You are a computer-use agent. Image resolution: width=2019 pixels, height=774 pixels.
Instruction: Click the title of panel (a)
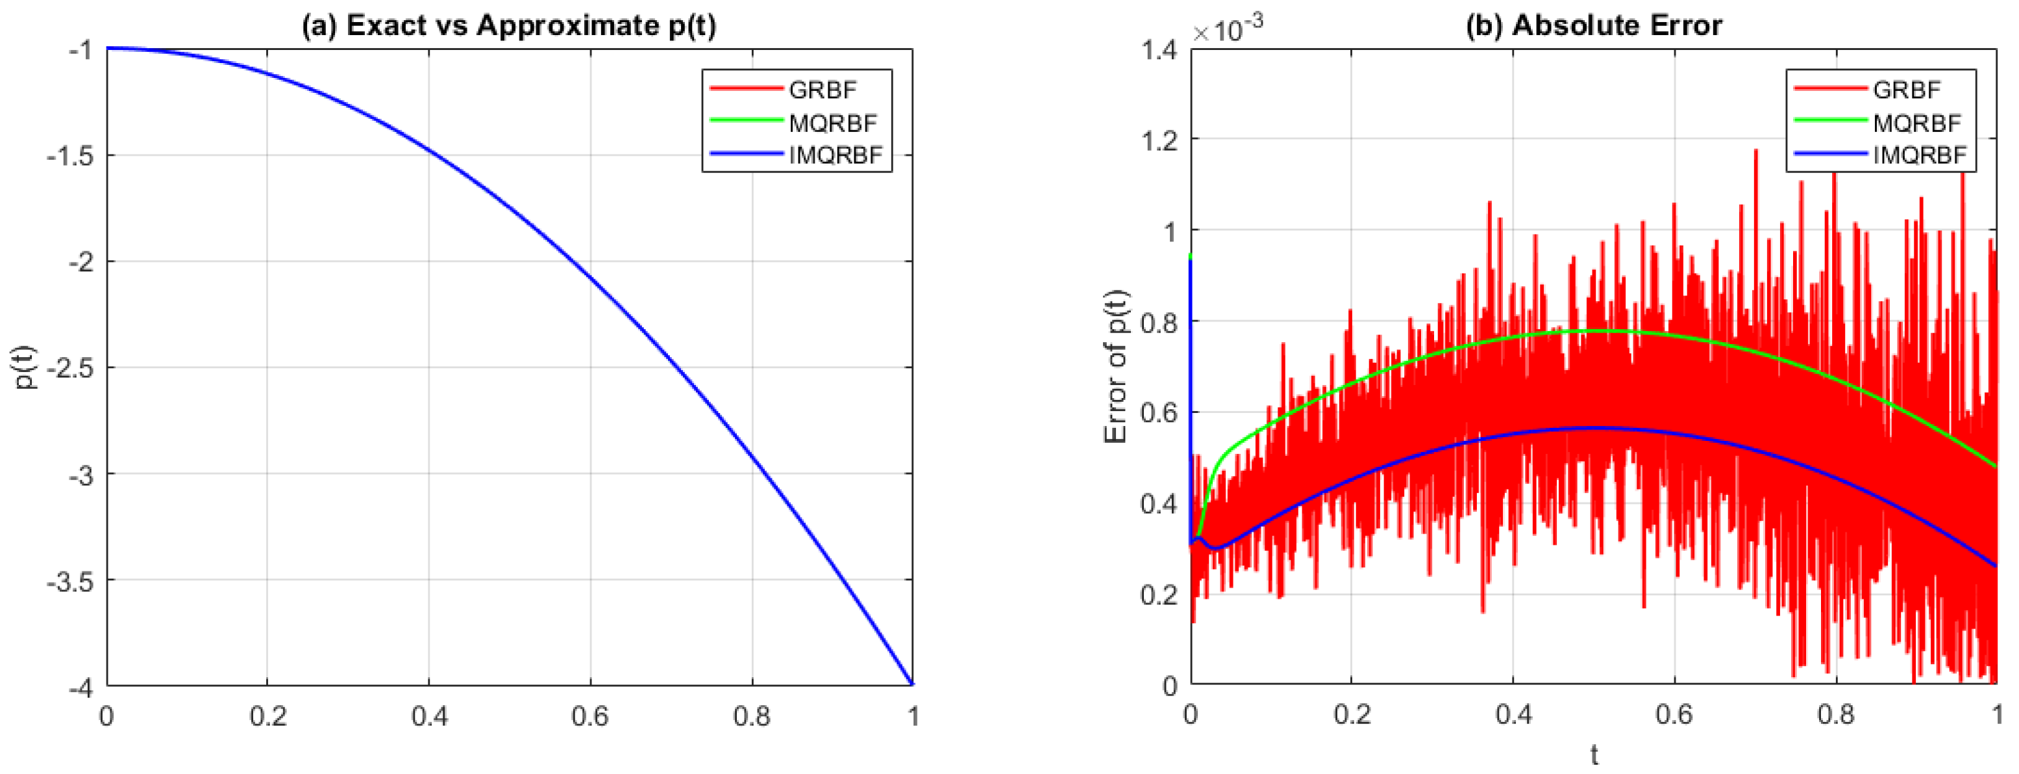point(509,25)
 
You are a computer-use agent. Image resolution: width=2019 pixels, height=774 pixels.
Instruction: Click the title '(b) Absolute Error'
point(1593,25)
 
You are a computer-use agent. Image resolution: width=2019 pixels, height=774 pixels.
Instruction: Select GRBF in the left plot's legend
point(822,90)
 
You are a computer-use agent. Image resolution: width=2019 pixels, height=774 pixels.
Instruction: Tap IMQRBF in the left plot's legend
point(836,155)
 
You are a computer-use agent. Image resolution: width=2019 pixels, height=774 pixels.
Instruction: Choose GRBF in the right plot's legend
point(1906,90)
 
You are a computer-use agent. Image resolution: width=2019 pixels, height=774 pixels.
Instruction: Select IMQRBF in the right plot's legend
point(1920,155)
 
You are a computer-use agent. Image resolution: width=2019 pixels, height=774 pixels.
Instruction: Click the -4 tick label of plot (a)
point(81,687)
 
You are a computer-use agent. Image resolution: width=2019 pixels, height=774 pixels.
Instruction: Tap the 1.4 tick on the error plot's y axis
point(1158,50)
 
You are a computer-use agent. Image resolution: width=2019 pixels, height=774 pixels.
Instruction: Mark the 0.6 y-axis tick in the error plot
point(1158,412)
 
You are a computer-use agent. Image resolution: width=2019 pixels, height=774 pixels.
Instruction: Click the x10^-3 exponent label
point(1226,30)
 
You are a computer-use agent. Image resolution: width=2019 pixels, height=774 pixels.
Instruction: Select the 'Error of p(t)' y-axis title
point(1115,367)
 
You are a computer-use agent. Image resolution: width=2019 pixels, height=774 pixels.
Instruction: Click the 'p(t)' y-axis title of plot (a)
point(27,367)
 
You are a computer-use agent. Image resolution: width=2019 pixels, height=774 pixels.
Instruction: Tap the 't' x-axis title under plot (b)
point(1593,755)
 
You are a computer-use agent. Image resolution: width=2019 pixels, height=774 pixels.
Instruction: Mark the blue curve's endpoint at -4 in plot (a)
point(911,684)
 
